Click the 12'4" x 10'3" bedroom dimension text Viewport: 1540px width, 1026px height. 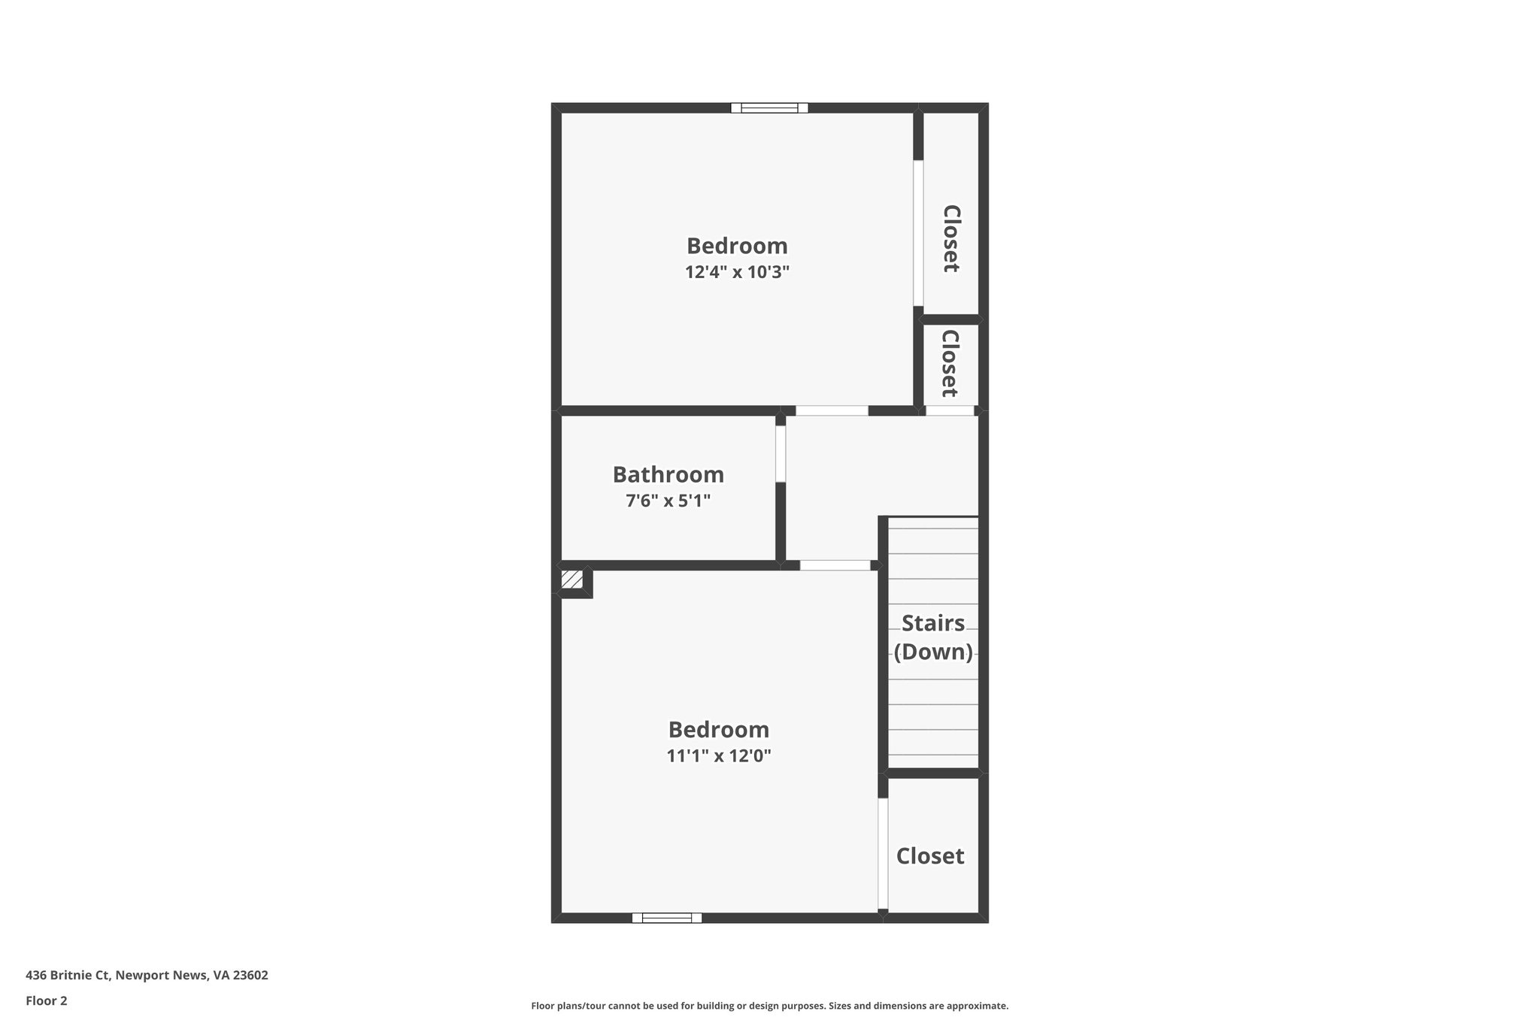tap(737, 272)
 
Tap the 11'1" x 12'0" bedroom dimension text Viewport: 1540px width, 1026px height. tap(719, 756)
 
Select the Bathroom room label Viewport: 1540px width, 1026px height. tap(668, 475)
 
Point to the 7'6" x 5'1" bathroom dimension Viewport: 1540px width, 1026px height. tap(668, 501)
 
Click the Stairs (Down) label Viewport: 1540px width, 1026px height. tap(932, 637)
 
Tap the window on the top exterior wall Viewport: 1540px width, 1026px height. tap(769, 108)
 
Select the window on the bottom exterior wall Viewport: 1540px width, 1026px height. tap(666, 918)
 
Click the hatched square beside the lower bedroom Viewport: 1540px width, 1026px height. tap(571, 580)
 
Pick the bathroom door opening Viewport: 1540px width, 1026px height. tap(781, 453)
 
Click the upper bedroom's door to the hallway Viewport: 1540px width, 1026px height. tap(832, 411)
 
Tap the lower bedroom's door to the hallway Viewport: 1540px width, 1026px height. tap(835, 565)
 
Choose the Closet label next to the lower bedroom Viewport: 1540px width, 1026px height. tap(929, 856)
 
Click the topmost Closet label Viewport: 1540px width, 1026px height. tap(950, 238)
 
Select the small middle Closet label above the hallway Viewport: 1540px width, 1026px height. tap(949, 363)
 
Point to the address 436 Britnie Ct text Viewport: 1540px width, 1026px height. tap(147, 976)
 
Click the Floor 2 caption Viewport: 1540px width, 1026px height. tap(47, 1000)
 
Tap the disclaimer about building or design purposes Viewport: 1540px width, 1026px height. tap(769, 1006)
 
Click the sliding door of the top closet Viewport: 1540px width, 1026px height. tap(918, 233)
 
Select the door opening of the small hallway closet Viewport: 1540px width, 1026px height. tap(949, 411)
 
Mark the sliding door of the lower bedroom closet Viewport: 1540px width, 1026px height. tap(883, 854)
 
